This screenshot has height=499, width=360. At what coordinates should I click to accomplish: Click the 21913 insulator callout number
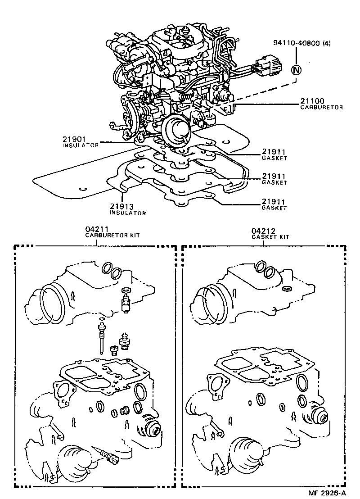(x=121, y=206)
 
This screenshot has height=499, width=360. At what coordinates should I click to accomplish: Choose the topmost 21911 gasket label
(x=274, y=152)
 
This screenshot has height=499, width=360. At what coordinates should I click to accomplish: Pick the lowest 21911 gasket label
(x=274, y=202)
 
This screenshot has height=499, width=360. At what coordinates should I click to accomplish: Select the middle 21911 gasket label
(x=274, y=177)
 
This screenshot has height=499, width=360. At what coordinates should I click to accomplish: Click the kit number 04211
(x=98, y=229)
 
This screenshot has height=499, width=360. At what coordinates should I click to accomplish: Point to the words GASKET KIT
(x=270, y=236)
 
